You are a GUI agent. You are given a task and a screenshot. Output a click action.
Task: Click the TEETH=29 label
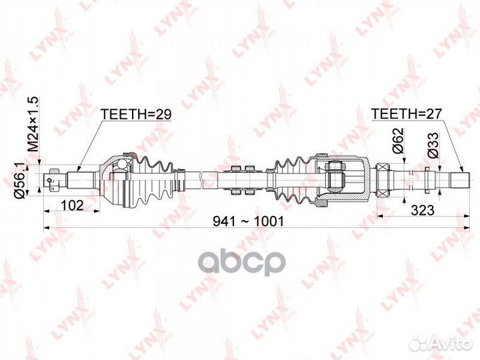coord(136,114)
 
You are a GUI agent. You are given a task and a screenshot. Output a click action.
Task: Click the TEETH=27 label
coord(406,114)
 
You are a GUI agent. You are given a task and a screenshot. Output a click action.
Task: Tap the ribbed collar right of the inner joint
coord(385,179)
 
